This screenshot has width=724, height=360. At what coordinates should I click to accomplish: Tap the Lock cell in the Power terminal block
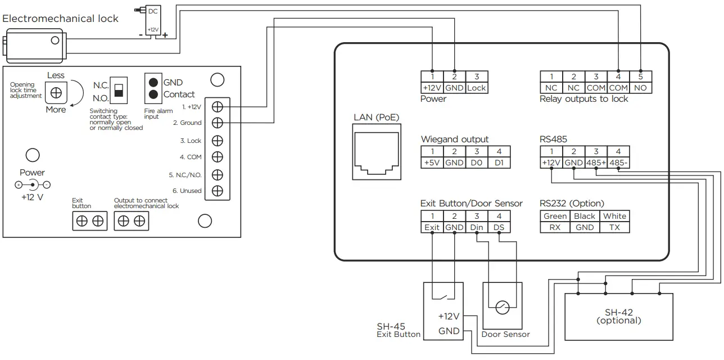(x=476, y=88)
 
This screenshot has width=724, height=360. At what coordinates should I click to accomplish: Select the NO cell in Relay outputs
(x=640, y=88)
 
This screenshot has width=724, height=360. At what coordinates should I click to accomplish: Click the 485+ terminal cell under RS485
(x=595, y=163)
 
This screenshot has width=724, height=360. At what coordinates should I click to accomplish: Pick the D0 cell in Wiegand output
(x=476, y=163)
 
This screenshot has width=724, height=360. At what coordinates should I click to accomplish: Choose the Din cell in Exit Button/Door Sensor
(x=476, y=227)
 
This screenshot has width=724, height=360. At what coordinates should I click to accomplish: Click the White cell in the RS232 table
(x=614, y=216)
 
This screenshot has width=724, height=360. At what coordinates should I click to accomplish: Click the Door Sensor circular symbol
(x=503, y=307)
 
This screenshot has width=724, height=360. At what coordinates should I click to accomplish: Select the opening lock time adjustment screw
(x=56, y=92)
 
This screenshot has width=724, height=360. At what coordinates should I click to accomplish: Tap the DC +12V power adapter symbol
(x=153, y=21)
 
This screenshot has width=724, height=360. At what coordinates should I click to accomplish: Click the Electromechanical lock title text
(x=61, y=19)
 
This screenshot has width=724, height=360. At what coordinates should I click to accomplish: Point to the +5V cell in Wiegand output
(x=432, y=163)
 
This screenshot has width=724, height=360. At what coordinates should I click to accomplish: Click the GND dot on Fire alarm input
(x=153, y=82)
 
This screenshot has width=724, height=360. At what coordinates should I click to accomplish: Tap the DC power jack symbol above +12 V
(x=32, y=184)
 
